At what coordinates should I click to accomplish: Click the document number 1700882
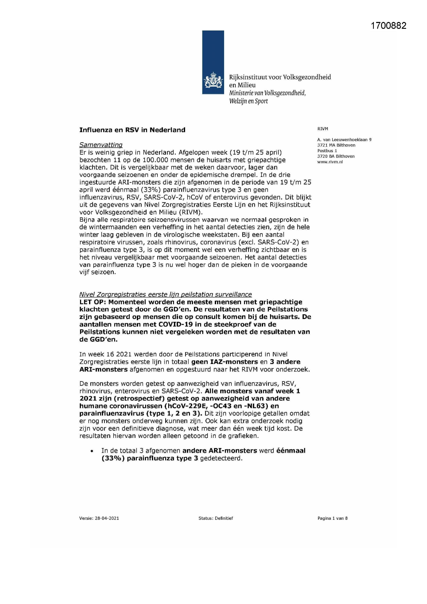point(388,26)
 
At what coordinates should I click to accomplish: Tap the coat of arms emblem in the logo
point(213,81)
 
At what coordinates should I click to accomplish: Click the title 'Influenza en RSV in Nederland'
point(132,130)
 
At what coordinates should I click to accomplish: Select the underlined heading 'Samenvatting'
point(101,145)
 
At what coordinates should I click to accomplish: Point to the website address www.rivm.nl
point(330,162)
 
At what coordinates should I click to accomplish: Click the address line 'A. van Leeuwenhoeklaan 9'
point(344,140)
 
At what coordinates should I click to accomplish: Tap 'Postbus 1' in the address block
point(327,151)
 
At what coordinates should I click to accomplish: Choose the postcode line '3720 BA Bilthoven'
point(336,156)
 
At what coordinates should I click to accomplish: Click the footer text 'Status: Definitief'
point(216,518)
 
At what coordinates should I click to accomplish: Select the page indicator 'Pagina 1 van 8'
point(332,518)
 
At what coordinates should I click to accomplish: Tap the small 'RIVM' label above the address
point(323,129)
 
